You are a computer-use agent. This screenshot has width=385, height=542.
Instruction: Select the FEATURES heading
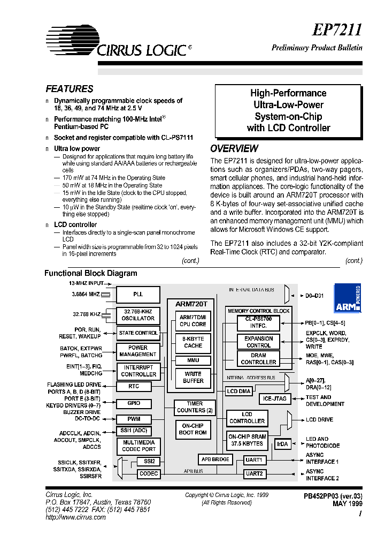tap(70, 89)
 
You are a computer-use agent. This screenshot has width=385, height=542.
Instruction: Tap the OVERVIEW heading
tap(234, 148)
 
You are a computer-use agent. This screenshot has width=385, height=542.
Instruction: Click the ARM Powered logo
tap(348, 298)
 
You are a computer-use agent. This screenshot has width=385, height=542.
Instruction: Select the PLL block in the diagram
tap(138, 295)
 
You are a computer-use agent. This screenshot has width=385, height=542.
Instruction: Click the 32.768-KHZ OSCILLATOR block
tap(138, 315)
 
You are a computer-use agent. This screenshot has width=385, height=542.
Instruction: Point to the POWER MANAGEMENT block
tap(138, 351)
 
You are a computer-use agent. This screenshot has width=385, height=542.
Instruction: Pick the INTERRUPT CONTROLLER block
tap(138, 371)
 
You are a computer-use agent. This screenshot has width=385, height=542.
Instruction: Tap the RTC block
tap(134, 386)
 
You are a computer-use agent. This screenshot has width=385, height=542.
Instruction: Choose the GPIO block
tap(134, 403)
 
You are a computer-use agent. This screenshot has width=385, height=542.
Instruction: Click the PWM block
tap(134, 419)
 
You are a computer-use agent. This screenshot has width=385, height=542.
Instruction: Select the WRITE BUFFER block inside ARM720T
tap(193, 377)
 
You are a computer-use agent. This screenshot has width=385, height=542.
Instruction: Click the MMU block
tap(193, 360)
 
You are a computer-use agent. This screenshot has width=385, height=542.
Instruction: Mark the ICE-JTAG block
tap(275, 398)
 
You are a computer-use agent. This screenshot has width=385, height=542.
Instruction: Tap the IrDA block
tap(282, 444)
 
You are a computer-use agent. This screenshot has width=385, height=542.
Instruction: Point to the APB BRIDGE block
tap(215, 459)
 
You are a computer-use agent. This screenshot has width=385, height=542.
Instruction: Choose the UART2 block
tap(254, 473)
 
